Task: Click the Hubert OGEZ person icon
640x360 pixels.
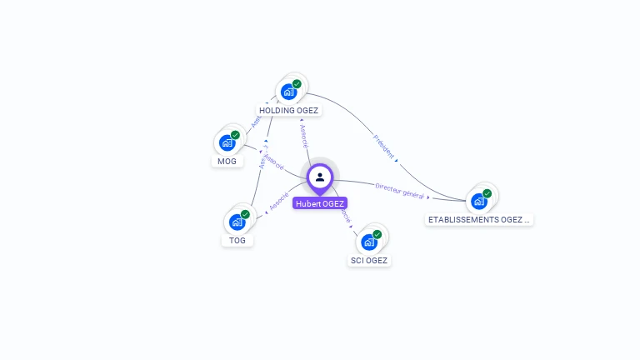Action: (x=320, y=177)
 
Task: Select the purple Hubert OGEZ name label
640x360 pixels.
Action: (x=320, y=203)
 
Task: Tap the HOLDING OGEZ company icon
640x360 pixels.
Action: (x=289, y=91)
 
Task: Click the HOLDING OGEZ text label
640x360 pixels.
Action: (x=289, y=110)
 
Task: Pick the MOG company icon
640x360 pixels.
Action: (x=227, y=142)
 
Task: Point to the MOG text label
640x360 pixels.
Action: (x=227, y=161)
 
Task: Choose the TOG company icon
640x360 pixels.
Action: (x=237, y=222)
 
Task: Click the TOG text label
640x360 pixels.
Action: (x=237, y=240)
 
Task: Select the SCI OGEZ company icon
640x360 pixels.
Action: (x=369, y=242)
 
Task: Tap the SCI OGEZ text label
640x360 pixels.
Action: (x=369, y=260)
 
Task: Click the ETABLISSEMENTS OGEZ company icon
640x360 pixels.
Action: (x=479, y=201)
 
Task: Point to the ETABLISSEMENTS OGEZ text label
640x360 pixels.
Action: (x=478, y=219)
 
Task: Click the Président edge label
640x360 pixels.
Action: (x=383, y=145)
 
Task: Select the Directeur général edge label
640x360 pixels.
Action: (x=399, y=191)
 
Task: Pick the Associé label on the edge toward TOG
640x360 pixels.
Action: (x=279, y=201)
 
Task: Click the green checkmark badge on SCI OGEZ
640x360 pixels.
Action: (x=377, y=234)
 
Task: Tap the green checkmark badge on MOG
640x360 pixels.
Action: (x=235, y=135)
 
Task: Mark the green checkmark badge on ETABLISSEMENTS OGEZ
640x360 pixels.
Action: (x=487, y=193)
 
